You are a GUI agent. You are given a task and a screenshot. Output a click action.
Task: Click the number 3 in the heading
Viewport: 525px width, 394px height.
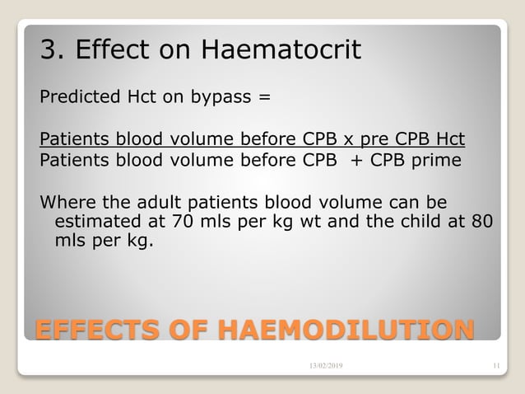click(49, 51)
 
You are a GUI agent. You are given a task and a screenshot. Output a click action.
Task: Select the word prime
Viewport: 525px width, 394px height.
click(439, 160)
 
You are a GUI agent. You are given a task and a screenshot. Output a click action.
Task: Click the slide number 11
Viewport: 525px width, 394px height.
click(495, 364)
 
